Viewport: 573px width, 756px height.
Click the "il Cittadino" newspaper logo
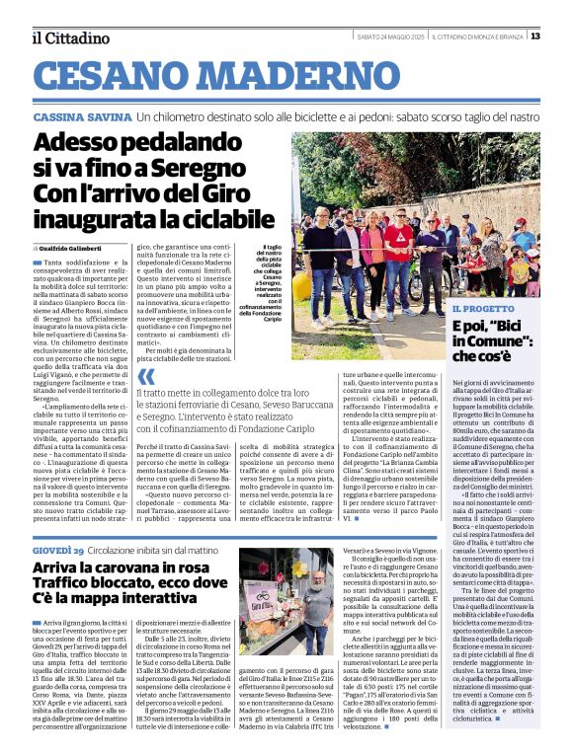(x=70, y=38)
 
